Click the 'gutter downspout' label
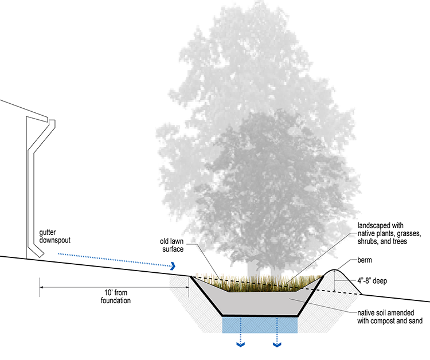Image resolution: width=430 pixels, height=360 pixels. pos(56,237)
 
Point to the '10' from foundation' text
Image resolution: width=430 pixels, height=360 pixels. pos(114,296)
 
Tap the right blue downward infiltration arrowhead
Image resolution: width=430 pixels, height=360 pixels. pos(277,345)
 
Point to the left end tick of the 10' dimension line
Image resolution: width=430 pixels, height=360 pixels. pos(40,287)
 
